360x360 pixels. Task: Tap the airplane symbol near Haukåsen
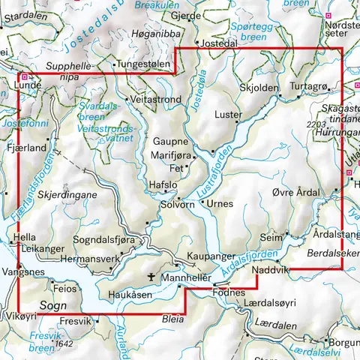153,277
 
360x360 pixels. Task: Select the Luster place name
227,115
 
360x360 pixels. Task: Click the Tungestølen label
142,64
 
